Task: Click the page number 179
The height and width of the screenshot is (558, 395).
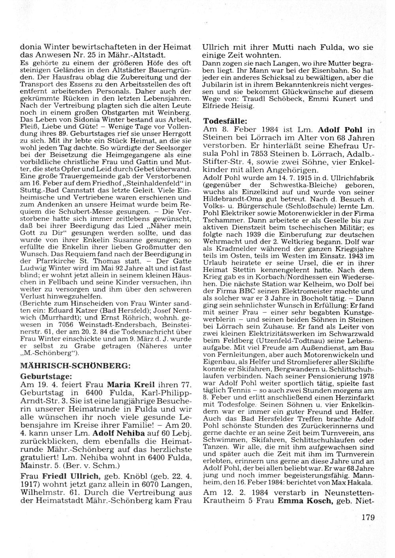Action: tap(367, 517)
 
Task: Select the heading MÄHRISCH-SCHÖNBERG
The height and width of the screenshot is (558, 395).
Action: tap(75, 366)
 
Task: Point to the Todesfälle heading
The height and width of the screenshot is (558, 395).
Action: tap(225, 120)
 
